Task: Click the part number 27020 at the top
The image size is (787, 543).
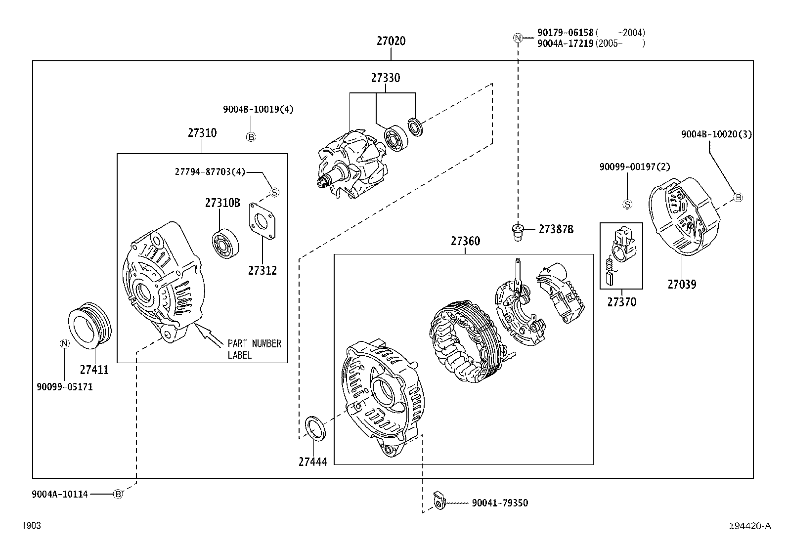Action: tap(391, 41)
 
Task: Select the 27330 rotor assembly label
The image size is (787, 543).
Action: tap(386, 78)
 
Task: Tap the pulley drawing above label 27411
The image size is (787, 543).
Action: tap(89, 325)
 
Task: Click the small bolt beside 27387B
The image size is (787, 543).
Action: tap(517, 232)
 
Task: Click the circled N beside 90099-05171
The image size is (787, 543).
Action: tap(64, 343)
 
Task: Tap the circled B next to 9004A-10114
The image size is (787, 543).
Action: tap(118, 494)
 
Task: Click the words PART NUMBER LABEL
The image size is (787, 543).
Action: tap(254, 349)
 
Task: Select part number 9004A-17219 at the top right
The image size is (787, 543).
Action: tap(565, 43)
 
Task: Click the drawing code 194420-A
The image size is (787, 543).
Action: tap(749, 526)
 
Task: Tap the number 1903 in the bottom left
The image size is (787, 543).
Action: tap(31, 526)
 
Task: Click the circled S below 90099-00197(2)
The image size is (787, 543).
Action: tap(627, 204)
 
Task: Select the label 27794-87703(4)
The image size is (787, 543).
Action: tap(210, 171)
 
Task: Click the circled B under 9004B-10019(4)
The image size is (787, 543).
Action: tap(251, 137)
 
